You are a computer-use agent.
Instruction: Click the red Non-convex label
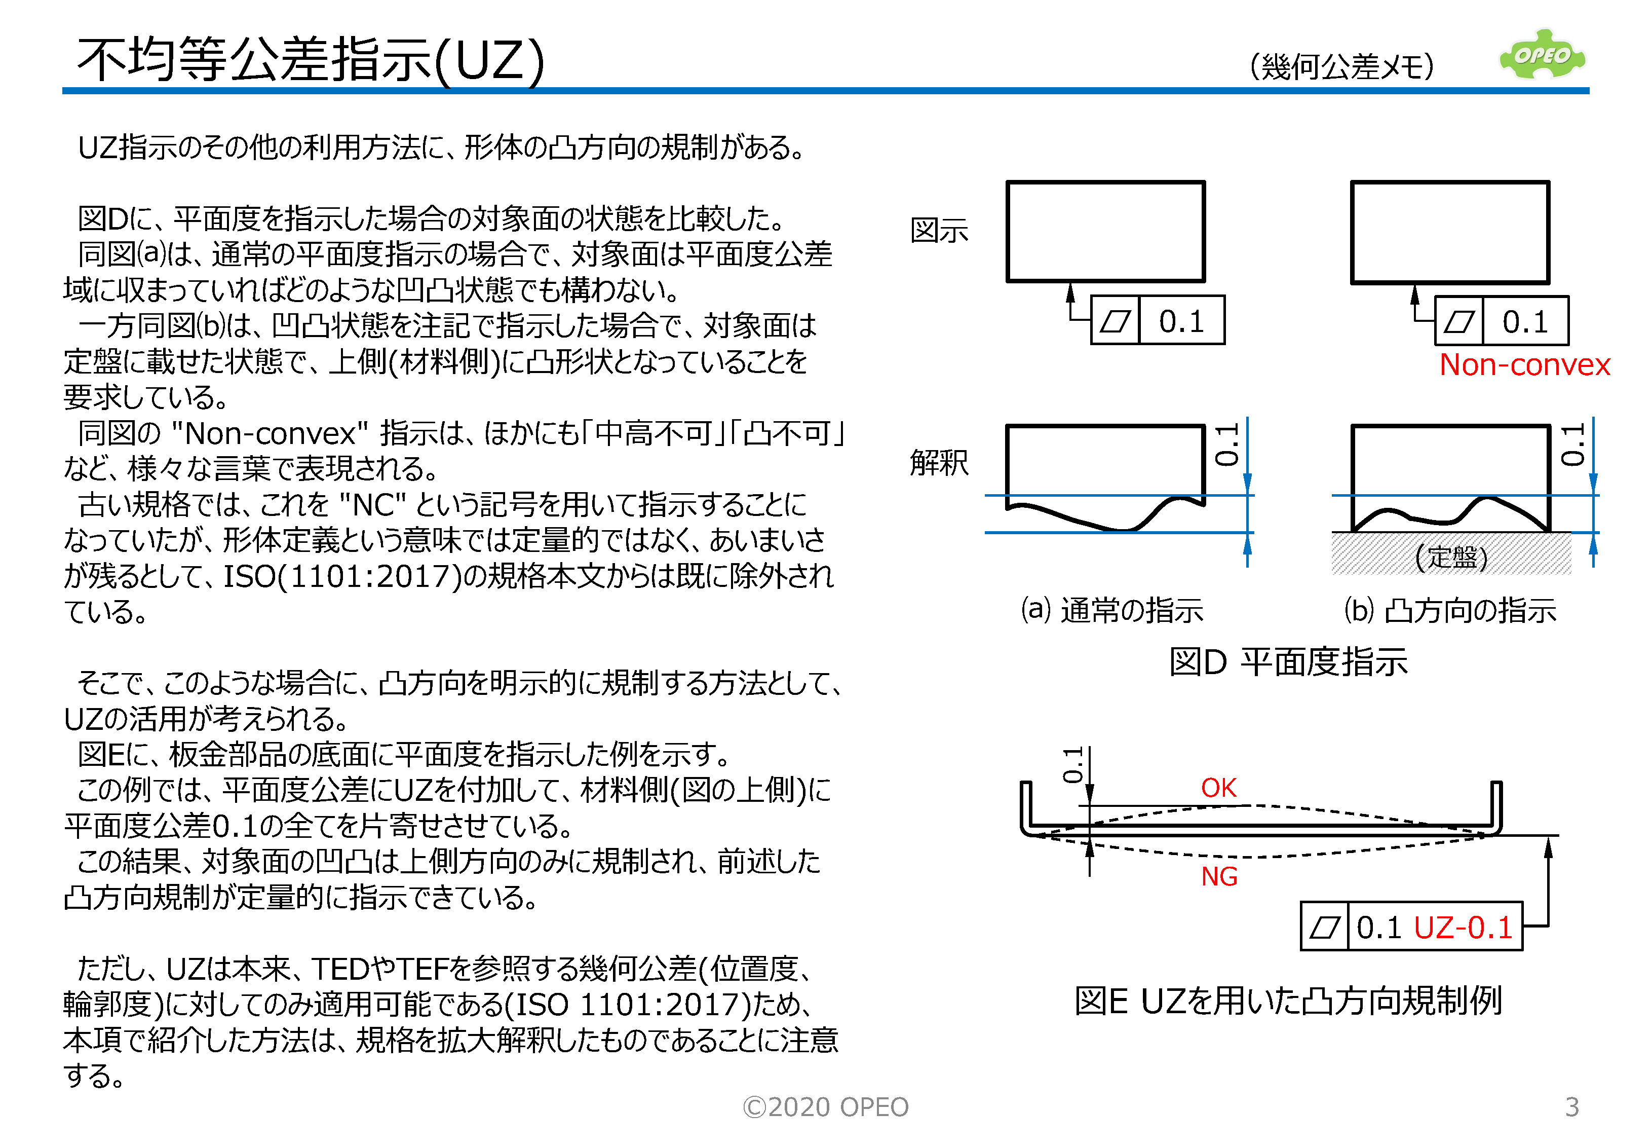[1524, 365]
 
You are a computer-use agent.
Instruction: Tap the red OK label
[1218, 788]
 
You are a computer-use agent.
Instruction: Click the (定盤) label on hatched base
[1451, 557]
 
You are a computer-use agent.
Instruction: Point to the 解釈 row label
[939, 463]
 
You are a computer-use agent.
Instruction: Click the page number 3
[1571, 1106]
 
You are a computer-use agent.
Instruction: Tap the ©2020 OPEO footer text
[825, 1107]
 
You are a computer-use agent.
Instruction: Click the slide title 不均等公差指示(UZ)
[311, 60]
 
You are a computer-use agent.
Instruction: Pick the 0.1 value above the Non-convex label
[1525, 321]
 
